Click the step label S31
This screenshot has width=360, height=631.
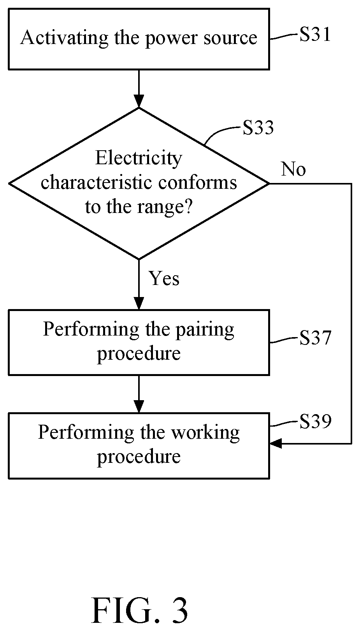(315, 35)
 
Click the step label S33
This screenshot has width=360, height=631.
(258, 128)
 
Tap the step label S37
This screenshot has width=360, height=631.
(315, 337)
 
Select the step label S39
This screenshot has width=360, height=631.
(315, 422)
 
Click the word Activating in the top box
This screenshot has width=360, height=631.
(64, 38)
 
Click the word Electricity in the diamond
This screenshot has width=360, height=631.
(139, 158)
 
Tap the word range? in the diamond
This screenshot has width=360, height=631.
(165, 207)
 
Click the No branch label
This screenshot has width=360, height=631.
(293, 169)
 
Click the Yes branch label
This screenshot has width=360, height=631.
(164, 279)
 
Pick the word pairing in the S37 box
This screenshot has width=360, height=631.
(205, 330)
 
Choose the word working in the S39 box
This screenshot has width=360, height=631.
(205, 433)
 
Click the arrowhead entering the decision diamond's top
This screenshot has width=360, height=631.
(139, 102)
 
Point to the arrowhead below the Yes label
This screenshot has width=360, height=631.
(139, 304)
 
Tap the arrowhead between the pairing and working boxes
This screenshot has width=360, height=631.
(139, 406)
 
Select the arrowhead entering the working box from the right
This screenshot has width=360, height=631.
(276, 444)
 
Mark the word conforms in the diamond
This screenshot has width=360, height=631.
(197, 182)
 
